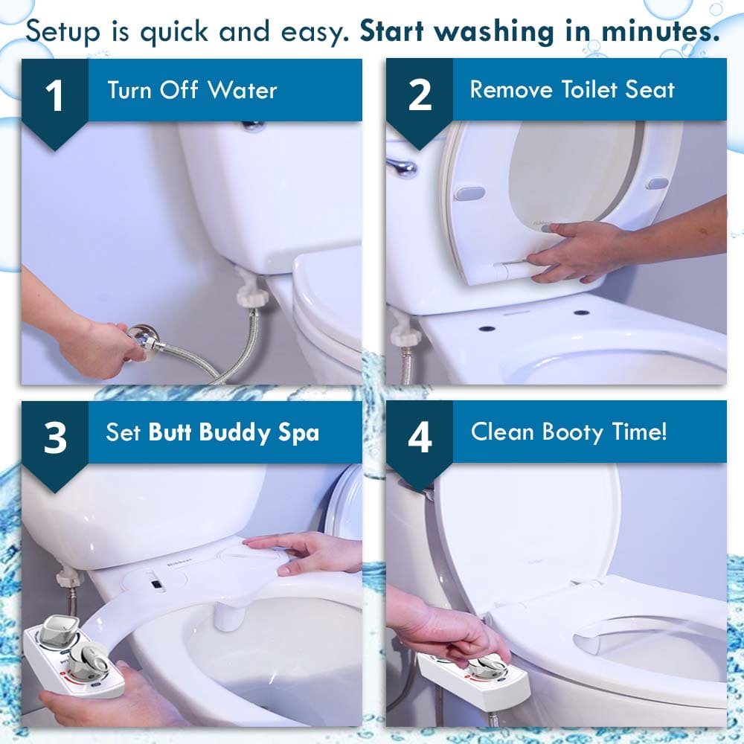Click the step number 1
click(x=54, y=97)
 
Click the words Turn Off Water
click(x=192, y=91)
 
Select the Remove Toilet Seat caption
click(x=571, y=90)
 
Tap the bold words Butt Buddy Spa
click(x=234, y=433)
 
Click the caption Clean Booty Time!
click(x=568, y=432)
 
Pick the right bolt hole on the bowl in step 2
click(x=581, y=312)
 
